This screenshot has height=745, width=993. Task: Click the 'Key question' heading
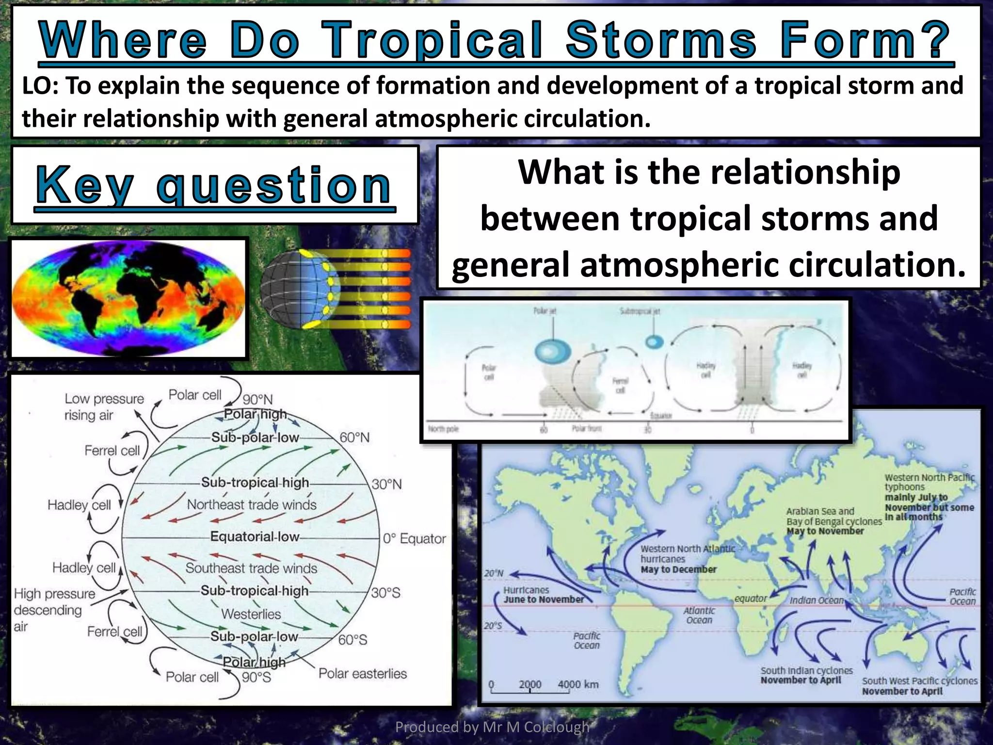point(214,185)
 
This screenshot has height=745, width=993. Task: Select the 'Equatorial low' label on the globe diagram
point(254,536)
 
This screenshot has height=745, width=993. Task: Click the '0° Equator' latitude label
point(414,539)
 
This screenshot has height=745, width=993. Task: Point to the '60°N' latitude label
point(354,437)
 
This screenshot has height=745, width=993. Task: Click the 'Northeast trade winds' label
point(252,505)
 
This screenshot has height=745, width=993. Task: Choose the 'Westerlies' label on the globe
point(251,614)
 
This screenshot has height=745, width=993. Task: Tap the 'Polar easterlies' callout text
point(362,674)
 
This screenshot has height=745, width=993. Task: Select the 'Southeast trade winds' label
point(251,568)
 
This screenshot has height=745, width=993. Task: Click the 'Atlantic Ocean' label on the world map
point(699,615)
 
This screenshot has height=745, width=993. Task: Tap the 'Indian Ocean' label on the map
point(817,600)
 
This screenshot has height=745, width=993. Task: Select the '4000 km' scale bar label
point(578,684)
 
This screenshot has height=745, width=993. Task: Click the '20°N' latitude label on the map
point(494,573)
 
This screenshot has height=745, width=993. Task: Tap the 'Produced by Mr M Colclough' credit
point(492,727)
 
